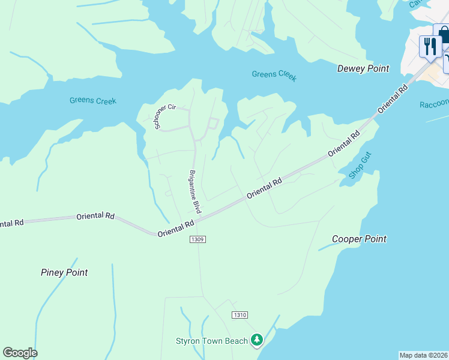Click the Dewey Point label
pos(363,68)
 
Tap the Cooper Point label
pos(360,239)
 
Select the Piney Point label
pos(64,272)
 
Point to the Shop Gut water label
pos(361,166)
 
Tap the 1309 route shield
pos(197,239)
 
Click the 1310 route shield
pos(239,315)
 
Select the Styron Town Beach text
pos(211,341)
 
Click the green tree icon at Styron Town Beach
pos(257,340)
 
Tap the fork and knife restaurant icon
pos(430,47)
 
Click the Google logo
pos(20,353)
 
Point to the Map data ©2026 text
pos(423,355)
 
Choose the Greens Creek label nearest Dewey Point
pos(274,75)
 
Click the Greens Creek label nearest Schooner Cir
pos(92,100)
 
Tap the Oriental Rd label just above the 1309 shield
pos(176,228)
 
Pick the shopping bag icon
pos(443,34)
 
